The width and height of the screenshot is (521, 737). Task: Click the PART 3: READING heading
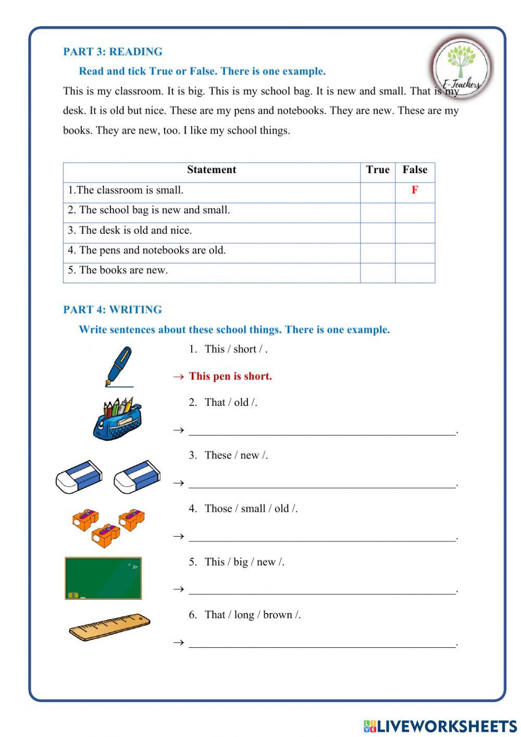(x=113, y=52)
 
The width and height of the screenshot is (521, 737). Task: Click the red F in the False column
(x=415, y=190)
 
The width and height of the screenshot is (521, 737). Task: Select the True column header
(x=378, y=170)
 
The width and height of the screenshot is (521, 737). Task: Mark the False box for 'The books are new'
(x=415, y=273)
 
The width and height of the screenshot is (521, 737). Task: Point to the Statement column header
(x=212, y=170)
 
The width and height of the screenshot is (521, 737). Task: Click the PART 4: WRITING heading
(x=113, y=310)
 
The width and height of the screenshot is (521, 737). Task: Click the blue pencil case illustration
(x=118, y=419)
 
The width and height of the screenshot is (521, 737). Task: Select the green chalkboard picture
(x=103, y=578)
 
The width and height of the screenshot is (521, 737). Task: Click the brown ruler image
(x=109, y=627)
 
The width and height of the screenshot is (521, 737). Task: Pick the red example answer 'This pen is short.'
(x=230, y=377)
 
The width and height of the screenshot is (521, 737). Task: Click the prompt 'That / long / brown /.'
(x=252, y=615)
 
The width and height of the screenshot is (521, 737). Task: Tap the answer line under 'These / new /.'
(x=322, y=484)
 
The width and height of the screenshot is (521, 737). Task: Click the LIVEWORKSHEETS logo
(x=440, y=726)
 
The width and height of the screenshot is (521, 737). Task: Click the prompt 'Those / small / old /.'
(x=251, y=509)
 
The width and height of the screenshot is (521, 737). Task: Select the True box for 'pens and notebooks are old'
(x=378, y=253)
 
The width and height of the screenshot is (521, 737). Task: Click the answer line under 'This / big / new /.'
(x=322, y=590)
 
